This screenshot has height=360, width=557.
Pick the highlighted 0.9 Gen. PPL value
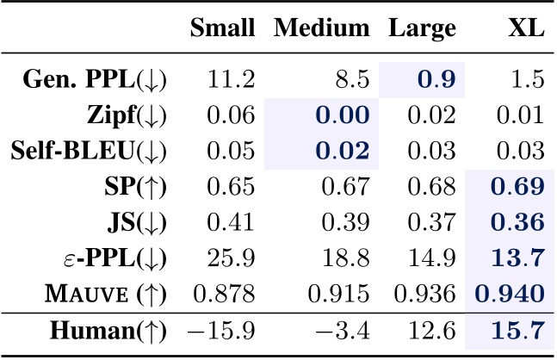(x=436, y=81)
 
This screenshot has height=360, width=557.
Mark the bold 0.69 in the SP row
(x=517, y=186)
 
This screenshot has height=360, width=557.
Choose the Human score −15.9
(x=226, y=330)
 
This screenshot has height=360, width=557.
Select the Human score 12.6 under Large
(x=435, y=330)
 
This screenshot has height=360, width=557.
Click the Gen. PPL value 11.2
(x=234, y=81)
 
